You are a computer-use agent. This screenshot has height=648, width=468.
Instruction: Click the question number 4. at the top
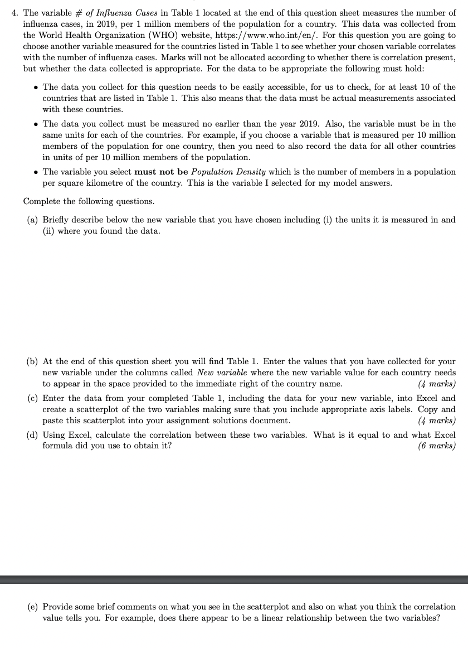tap(15, 12)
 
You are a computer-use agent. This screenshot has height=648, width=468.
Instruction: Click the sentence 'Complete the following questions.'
tap(89, 201)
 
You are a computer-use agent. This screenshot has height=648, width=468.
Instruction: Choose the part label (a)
tap(33, 220)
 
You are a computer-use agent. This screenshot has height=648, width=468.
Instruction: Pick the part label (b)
tap(33, 361)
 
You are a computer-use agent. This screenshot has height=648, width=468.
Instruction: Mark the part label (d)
tap(33, 434)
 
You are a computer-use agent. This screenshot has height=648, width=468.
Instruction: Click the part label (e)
tap(33, 606)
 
